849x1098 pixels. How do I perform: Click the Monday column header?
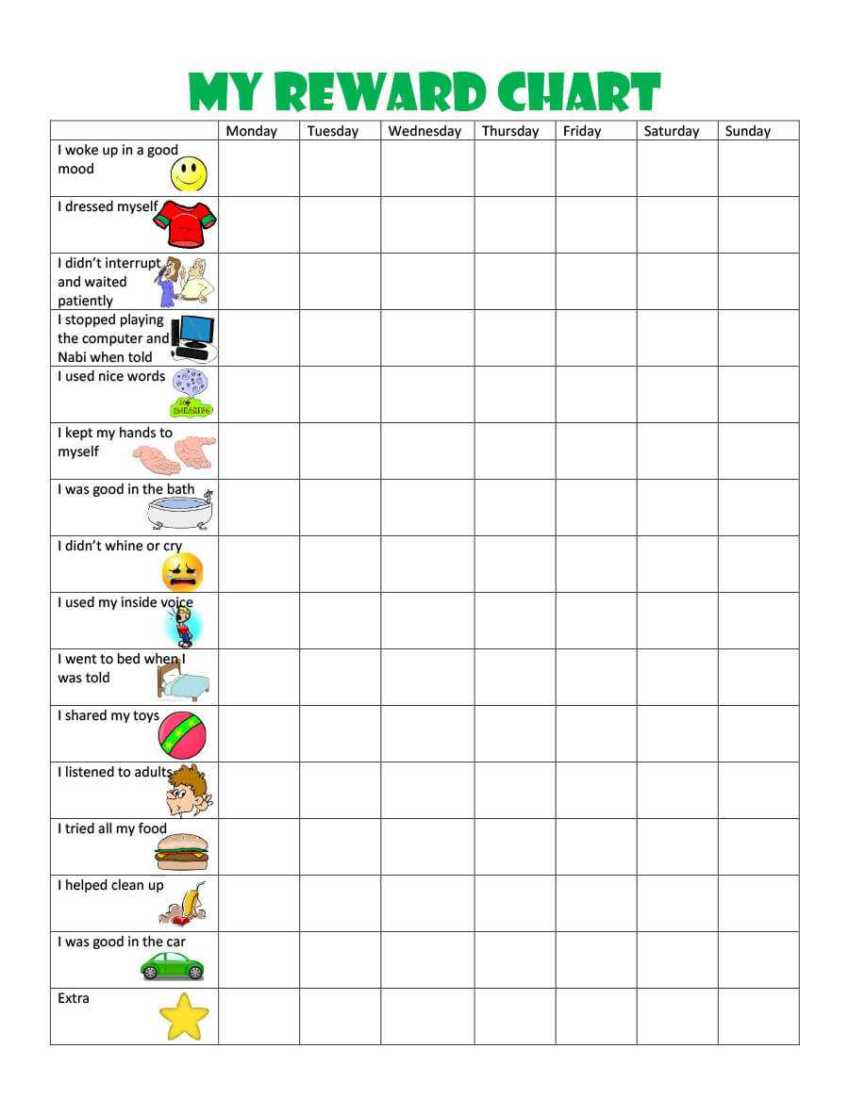coord(251,131)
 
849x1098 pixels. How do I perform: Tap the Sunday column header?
coord(747,131)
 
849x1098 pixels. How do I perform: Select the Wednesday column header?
coord(424,131)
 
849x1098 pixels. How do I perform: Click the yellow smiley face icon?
coord(189,174)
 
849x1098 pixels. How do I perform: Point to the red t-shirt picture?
coord(185,224)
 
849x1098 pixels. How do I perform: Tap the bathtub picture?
coord(180,511)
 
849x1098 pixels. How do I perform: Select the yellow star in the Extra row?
coord(183,1016)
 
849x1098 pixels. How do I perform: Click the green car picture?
coord(173,965)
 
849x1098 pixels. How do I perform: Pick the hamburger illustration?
coord(182,852)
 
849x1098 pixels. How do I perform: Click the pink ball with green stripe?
coord(182,735)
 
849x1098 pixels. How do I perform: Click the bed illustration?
coord(183,681)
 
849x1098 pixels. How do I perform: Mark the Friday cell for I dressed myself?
coord(595,224)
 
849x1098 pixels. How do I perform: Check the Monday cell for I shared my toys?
coord(258,733)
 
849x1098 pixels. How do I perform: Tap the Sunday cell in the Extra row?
coord(758,1016)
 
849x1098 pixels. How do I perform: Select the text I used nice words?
coord(111,376)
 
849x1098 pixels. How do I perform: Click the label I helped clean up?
coord(110,885)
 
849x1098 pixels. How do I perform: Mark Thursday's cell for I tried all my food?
coord(514,846)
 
